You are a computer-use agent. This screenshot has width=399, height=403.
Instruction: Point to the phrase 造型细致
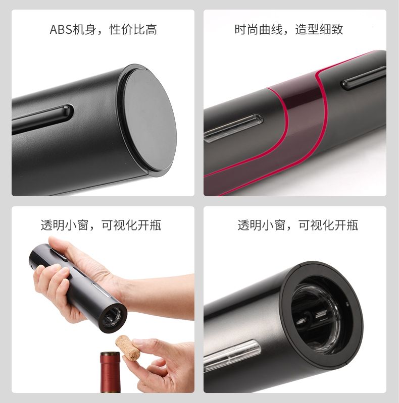pyautogui.click(x=320, y=30)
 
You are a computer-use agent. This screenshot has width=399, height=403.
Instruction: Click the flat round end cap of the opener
pyautogui.click(x=149, y=122)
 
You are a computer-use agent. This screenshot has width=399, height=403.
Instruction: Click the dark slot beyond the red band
pyautogui.click(x=363, y=78)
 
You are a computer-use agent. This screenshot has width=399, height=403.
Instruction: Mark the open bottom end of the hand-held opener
pyautogui.click(x=112, y=318)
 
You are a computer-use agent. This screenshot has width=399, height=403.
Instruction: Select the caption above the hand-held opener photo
pyautogui.click(x=101, y=225)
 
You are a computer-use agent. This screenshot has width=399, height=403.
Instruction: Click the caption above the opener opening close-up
pyautogui.click(x=298, y=225)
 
